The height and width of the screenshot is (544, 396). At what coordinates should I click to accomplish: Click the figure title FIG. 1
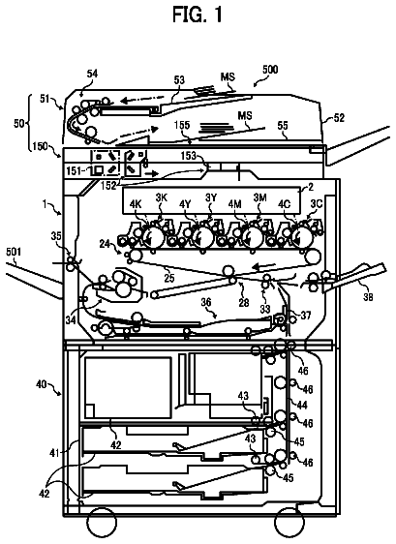pyautogui.click(x=198, y=15)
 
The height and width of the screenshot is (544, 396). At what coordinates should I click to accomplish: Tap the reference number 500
pyautogui.click(x=270, y=70)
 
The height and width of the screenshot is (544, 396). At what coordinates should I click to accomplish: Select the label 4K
pyautogui.click(x=136, y=204)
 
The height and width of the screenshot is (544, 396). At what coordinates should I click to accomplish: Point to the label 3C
pyautogui.click(x=317, y=203)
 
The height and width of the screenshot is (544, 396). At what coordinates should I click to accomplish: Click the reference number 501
pyautogui.click(x=14, y=252)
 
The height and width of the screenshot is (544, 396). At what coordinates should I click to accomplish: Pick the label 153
pyautogui.click(x=189, y=156)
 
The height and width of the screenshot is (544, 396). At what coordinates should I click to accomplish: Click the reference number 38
pyautogui.click(x=368, y=296)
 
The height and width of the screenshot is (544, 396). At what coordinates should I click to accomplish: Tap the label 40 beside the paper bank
pyautogui.click(x=42, y=384)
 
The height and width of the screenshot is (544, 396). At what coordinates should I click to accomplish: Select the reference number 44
pyautogui.click(x=302, y=405)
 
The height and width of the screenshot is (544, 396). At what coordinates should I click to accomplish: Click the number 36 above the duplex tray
pyautogui.click(x=206, y=302)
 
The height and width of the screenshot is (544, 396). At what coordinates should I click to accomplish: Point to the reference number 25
pyautogui.click(x=169, y=278)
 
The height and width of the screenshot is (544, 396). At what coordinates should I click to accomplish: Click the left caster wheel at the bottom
pyautogui.click(x=102, y=522)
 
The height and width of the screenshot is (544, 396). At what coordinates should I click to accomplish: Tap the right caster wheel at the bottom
pyautogui.click(x=289, y=522)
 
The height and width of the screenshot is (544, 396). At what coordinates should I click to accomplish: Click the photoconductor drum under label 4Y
pyautogui.click(x=202, y=238)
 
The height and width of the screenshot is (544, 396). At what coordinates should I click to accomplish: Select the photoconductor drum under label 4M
pyautogui.click(x=253, y=238)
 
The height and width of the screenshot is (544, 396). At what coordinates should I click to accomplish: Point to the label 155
pyautogui.click(x=182, y=125)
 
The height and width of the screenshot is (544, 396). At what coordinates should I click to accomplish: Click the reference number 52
pyautogui.click(x=339, y=118)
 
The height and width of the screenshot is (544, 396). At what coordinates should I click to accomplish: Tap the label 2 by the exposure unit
pyautogui.click(x=311, y=188)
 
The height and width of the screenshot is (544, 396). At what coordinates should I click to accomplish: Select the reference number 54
pyautogui.click(x=92, y=74)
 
